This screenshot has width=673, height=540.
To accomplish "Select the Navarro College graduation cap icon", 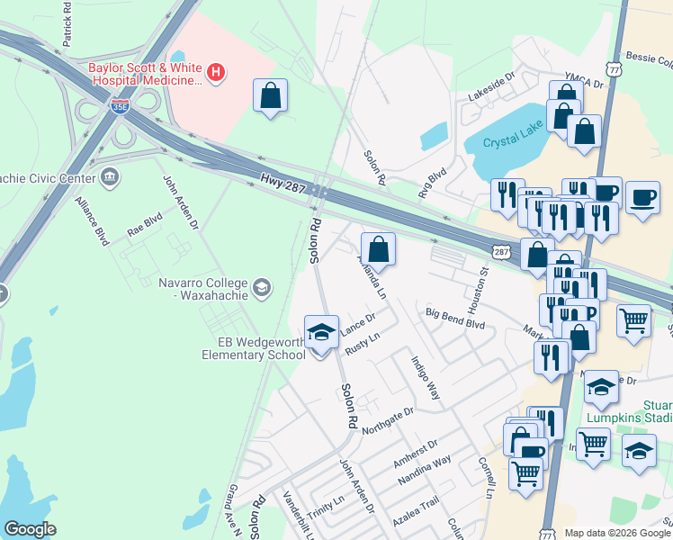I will [261, 288].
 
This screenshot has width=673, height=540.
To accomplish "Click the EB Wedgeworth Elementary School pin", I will [321, 333].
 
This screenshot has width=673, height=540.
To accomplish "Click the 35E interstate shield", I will [121, 106].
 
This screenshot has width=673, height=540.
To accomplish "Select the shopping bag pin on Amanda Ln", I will [378, 247].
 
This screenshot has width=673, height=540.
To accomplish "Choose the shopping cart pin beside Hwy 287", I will [634, 320].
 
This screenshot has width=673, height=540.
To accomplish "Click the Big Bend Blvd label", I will [455, 319].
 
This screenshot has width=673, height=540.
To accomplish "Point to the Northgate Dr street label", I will [388, 419].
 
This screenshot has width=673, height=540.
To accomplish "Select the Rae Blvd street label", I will [144, 224].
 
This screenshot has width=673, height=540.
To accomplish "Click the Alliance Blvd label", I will [91, 220].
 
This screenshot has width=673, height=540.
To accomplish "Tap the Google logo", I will [30, 529].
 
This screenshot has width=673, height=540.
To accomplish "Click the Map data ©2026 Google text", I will [616, 533].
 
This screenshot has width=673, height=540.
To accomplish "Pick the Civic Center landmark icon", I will [110, 175].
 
